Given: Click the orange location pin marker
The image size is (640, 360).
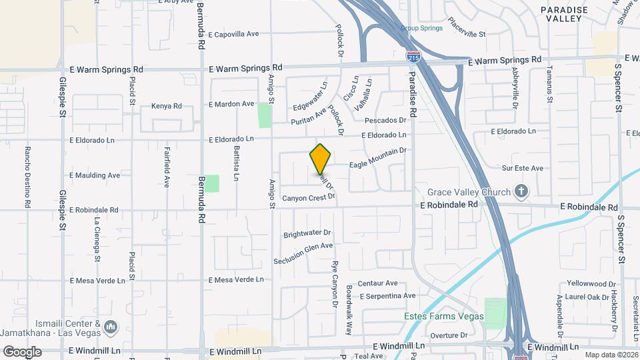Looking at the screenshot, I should click(x=321, y=159).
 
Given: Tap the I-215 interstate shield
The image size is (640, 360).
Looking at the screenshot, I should click(x=413, y=57).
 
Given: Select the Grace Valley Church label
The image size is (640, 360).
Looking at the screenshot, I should click(x=469, y=193).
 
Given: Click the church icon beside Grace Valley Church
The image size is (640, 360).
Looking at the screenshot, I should click(x=521, y=193).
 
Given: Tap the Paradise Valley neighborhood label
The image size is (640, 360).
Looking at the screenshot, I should click(x=564, y=15).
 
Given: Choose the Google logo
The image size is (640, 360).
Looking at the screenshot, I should click(x=22, y=351).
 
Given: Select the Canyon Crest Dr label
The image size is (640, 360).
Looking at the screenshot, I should click(x=307, y=198).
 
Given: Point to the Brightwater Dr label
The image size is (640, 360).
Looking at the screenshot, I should click(x=307, y=233).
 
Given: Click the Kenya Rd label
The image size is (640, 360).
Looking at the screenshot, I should click(x=166, y=106).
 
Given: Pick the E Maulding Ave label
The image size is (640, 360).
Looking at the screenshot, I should click(x=95, y=175).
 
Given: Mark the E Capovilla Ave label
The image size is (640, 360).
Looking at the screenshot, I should click(x=233, y=33).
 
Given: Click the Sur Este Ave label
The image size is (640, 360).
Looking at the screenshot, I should click(x=523, y=169).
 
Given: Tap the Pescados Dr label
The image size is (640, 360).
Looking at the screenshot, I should click(x=385, y=120).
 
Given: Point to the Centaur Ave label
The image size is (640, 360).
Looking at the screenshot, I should click(x=377, y=283).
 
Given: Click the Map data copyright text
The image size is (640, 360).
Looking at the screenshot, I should click(x=609, y=355).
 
